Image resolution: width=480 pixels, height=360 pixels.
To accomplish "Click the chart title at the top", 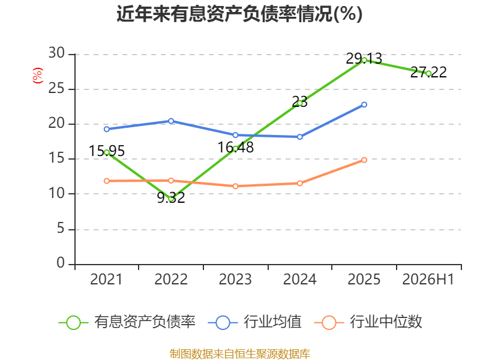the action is pos(239,14).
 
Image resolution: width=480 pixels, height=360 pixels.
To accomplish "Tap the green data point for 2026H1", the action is pos(428,73).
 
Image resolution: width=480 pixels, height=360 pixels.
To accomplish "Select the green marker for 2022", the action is pos(171,199).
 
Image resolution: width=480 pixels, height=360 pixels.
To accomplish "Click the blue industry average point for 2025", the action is pos(364,104).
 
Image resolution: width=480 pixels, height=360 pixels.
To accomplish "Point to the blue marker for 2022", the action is pos(171,121).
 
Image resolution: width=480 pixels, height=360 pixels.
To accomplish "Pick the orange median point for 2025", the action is pos(364,160).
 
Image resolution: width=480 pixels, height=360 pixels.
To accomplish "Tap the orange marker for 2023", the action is pos(235,186).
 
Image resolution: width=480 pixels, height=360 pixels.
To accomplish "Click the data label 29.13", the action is pos(364,58).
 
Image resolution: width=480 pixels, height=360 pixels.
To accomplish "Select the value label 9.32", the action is pos(171,197).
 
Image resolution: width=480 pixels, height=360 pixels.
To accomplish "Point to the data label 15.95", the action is pos(107,151).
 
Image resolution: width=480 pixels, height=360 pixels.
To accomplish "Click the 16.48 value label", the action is pos(235,147).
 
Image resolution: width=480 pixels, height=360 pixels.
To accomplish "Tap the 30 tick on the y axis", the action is pos(56,53).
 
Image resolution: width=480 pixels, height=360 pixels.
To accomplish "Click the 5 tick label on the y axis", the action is pos(61,229).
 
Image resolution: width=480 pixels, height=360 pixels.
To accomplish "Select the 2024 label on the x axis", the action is pos(299,279).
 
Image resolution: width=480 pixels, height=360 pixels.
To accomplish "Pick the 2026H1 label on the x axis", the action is pos(428,279).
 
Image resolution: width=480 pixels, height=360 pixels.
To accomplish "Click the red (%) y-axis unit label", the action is pos(38,76).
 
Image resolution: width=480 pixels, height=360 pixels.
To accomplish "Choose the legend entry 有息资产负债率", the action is pos(127,322).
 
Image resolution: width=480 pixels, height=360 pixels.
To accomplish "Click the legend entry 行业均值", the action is pos(254,322).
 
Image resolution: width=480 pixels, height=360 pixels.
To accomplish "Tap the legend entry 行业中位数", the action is pos(368,322).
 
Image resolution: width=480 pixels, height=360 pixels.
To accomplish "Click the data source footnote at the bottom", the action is pos(240,354).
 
